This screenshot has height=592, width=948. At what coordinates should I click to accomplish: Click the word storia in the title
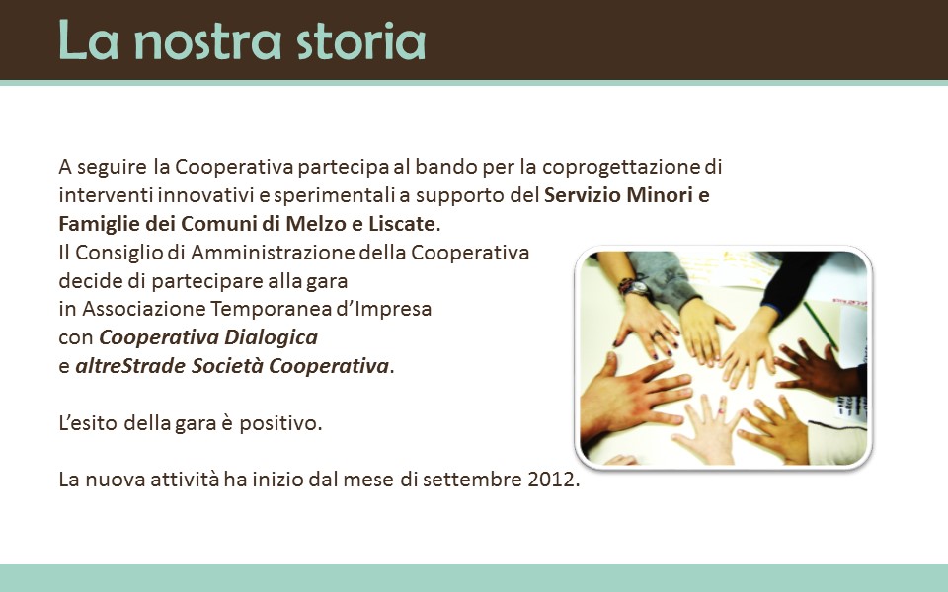coord(361,41)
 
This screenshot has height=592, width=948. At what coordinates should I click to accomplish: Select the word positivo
coord(280,423)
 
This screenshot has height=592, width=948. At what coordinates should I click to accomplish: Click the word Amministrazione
coord(273,252)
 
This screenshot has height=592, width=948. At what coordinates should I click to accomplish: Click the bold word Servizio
coord(583,195)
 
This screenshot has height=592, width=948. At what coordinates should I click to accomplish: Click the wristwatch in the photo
coord(635,286)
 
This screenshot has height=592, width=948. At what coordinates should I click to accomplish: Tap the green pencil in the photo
coord(821,325)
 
